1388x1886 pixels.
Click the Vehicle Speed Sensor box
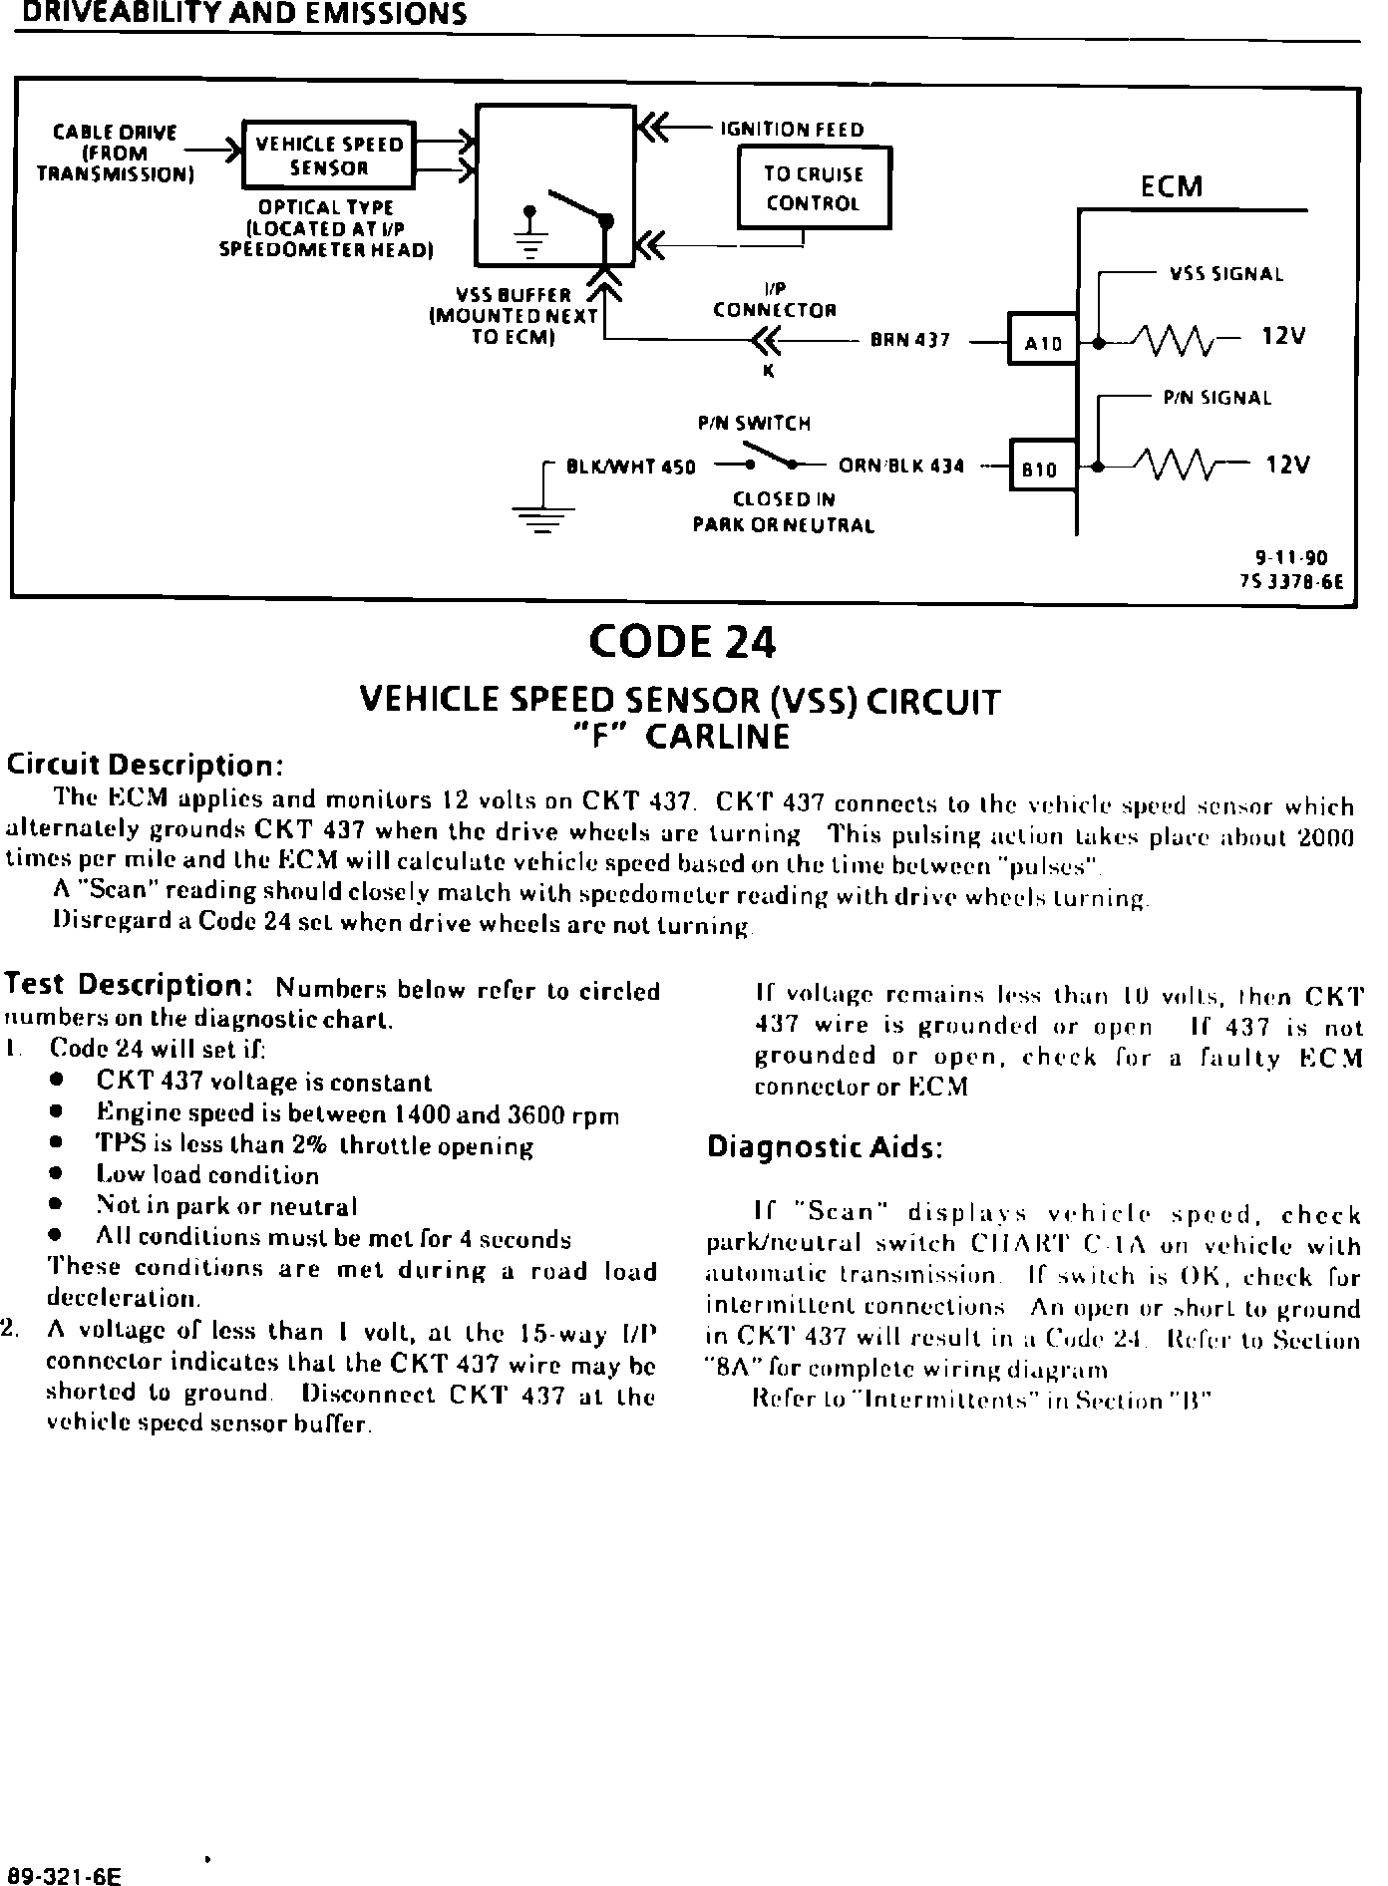tap(329, 155)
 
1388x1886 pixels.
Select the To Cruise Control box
tap(813, 188)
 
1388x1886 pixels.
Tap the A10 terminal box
tap(1043, 342)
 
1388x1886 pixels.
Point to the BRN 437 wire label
tap(909, 341)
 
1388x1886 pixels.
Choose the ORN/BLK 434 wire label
tap(901, 466)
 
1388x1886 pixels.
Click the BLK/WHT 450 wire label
tap(630, 466)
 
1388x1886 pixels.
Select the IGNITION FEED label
tap(792, 130)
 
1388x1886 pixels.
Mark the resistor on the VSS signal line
tap(1183, 341)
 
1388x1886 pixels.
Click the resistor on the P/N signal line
tap(1183, 465)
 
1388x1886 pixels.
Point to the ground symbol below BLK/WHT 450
tap(543, 518)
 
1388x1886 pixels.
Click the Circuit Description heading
tap(147, 766)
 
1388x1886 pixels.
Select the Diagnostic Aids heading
tap(825, 1147)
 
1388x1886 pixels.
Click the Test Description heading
tap(129, 985)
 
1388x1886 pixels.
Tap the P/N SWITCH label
tap(754, 424)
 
